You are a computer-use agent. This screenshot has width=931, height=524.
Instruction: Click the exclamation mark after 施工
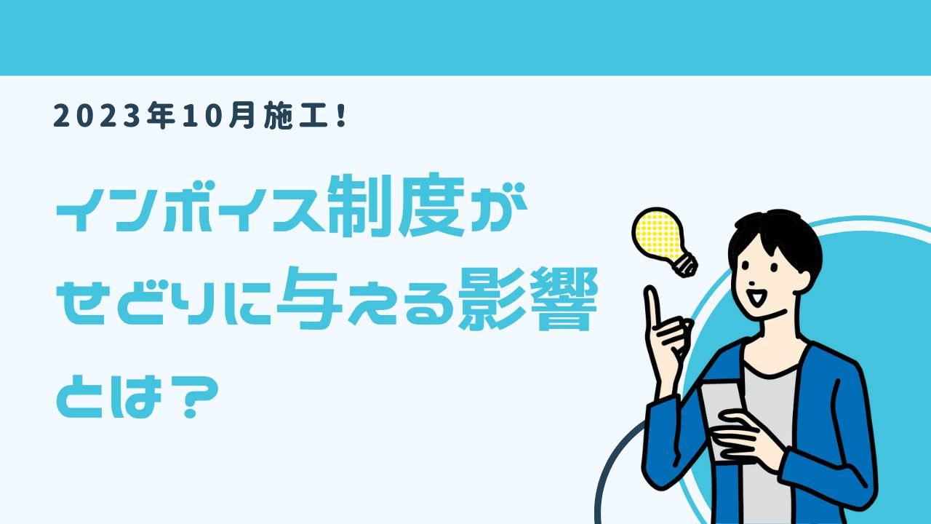click(x=343, y=116)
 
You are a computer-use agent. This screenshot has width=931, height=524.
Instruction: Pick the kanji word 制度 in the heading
click(x=396, y=205)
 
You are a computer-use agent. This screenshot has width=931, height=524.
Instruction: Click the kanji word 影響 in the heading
click(x=527, y=299)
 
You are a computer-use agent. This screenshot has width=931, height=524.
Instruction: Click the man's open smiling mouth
click(x=757, y=296)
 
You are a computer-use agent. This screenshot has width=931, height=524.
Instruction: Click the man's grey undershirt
click(x=769, y=437)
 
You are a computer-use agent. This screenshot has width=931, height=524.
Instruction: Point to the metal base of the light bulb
click(x=686, y=264)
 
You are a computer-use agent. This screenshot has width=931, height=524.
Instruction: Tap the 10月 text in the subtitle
click(x=218, y=116)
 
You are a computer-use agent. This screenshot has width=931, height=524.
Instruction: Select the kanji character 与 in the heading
click(x=308, y=298)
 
